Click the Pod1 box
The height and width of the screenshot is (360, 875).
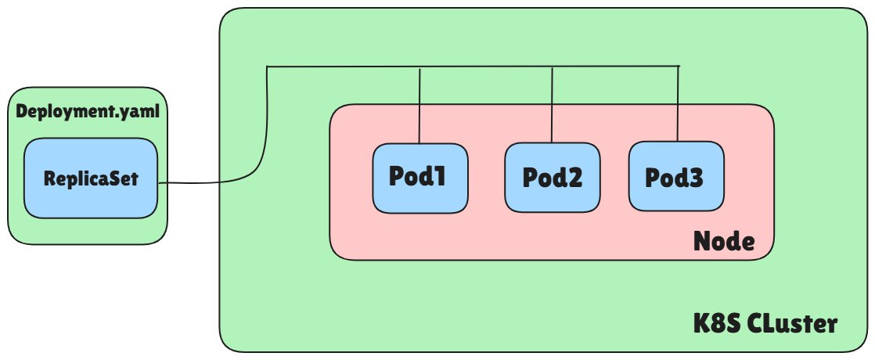(419, 178)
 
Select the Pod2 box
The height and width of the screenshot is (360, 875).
(552, 178)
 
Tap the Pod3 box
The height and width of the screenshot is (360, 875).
(675, 176)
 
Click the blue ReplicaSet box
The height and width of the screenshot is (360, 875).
(91, 178)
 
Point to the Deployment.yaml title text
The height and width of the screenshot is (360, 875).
(88, 111)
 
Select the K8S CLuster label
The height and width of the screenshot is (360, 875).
(765, 323)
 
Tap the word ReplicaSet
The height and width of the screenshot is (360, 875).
(91, 179)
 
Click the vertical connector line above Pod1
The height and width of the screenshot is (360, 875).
(420, 106)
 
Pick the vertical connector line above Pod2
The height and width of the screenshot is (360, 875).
(553, 106)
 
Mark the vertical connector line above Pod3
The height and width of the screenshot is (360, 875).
(678, 104)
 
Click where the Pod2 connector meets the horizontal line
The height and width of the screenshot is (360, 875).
(553, 68)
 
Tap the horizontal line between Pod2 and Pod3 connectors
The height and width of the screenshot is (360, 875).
(615, 67)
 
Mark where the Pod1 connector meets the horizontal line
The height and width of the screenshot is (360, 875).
(420, 68)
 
